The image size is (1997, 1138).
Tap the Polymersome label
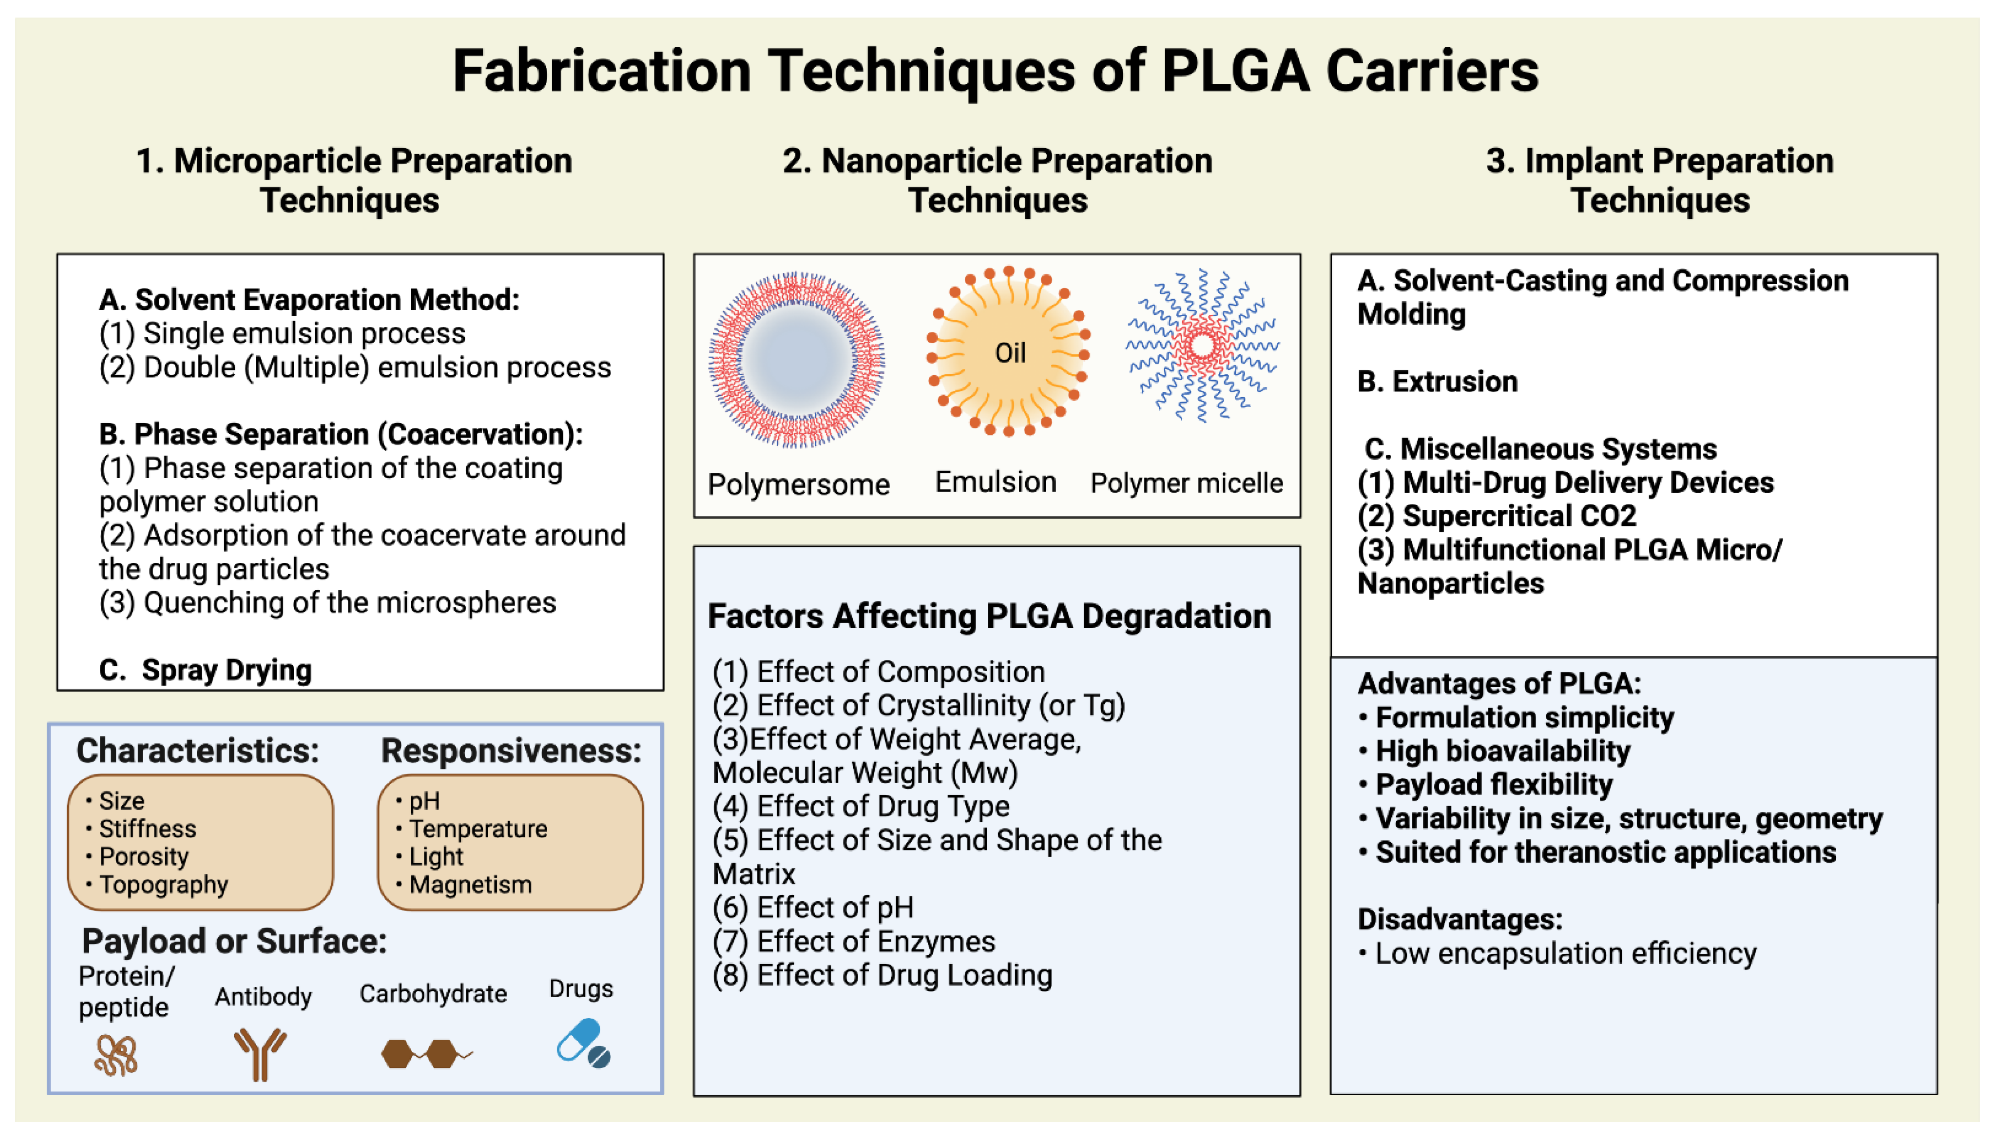pos(798,485)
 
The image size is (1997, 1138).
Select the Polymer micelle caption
pos(1186,483)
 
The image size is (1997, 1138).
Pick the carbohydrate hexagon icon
pos(422,1054)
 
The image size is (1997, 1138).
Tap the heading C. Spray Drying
pos(205,670)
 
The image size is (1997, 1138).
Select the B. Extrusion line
pos(1437,381)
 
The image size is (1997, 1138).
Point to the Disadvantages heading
pos(1459,919)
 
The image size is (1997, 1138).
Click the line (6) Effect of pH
pos(813,907)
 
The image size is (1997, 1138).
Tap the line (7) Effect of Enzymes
pos(853,941)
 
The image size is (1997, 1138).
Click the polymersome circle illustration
pos(796,359)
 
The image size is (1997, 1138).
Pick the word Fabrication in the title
pos(601,71)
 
